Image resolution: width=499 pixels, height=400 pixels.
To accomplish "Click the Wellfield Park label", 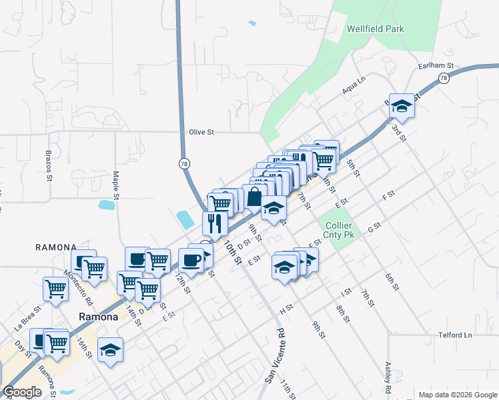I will click(375, 29).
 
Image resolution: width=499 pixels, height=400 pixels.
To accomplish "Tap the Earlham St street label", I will click(436, 66).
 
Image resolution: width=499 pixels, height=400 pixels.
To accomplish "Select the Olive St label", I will click(200, 132).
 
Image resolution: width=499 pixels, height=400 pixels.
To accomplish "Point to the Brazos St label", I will click(49, 165).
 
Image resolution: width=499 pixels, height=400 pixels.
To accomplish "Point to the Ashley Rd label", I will click(388, 377).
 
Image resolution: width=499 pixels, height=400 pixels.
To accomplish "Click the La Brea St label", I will click(27, 318).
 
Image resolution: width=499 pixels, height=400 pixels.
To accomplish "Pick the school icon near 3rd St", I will click(402, 105).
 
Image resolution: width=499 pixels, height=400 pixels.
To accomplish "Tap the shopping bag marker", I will click(254, 197).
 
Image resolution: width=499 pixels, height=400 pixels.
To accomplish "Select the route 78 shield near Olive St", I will click(184, 163).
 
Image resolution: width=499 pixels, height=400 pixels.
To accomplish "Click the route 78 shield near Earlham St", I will click(444, 79).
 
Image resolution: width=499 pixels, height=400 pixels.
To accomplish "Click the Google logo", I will click(23, 392).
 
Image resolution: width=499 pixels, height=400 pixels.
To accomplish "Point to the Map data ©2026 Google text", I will click(458, 395).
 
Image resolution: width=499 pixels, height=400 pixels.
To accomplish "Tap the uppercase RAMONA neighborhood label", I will click(61, 247).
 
